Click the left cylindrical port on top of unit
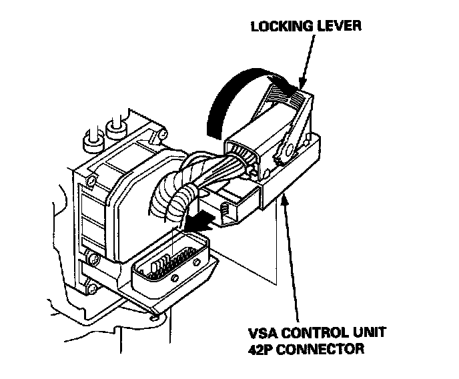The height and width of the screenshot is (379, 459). [89, 142]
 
